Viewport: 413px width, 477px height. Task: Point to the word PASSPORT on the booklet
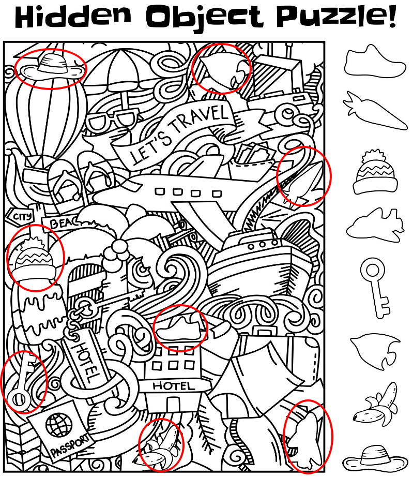coord(70,446)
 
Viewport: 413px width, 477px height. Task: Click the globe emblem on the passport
coord(59,425)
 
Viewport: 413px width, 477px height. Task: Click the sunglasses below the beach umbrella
coord(113,121)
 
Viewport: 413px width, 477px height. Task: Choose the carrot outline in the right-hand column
coord(375,110)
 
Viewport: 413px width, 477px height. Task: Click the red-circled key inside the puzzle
coord(24,382)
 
